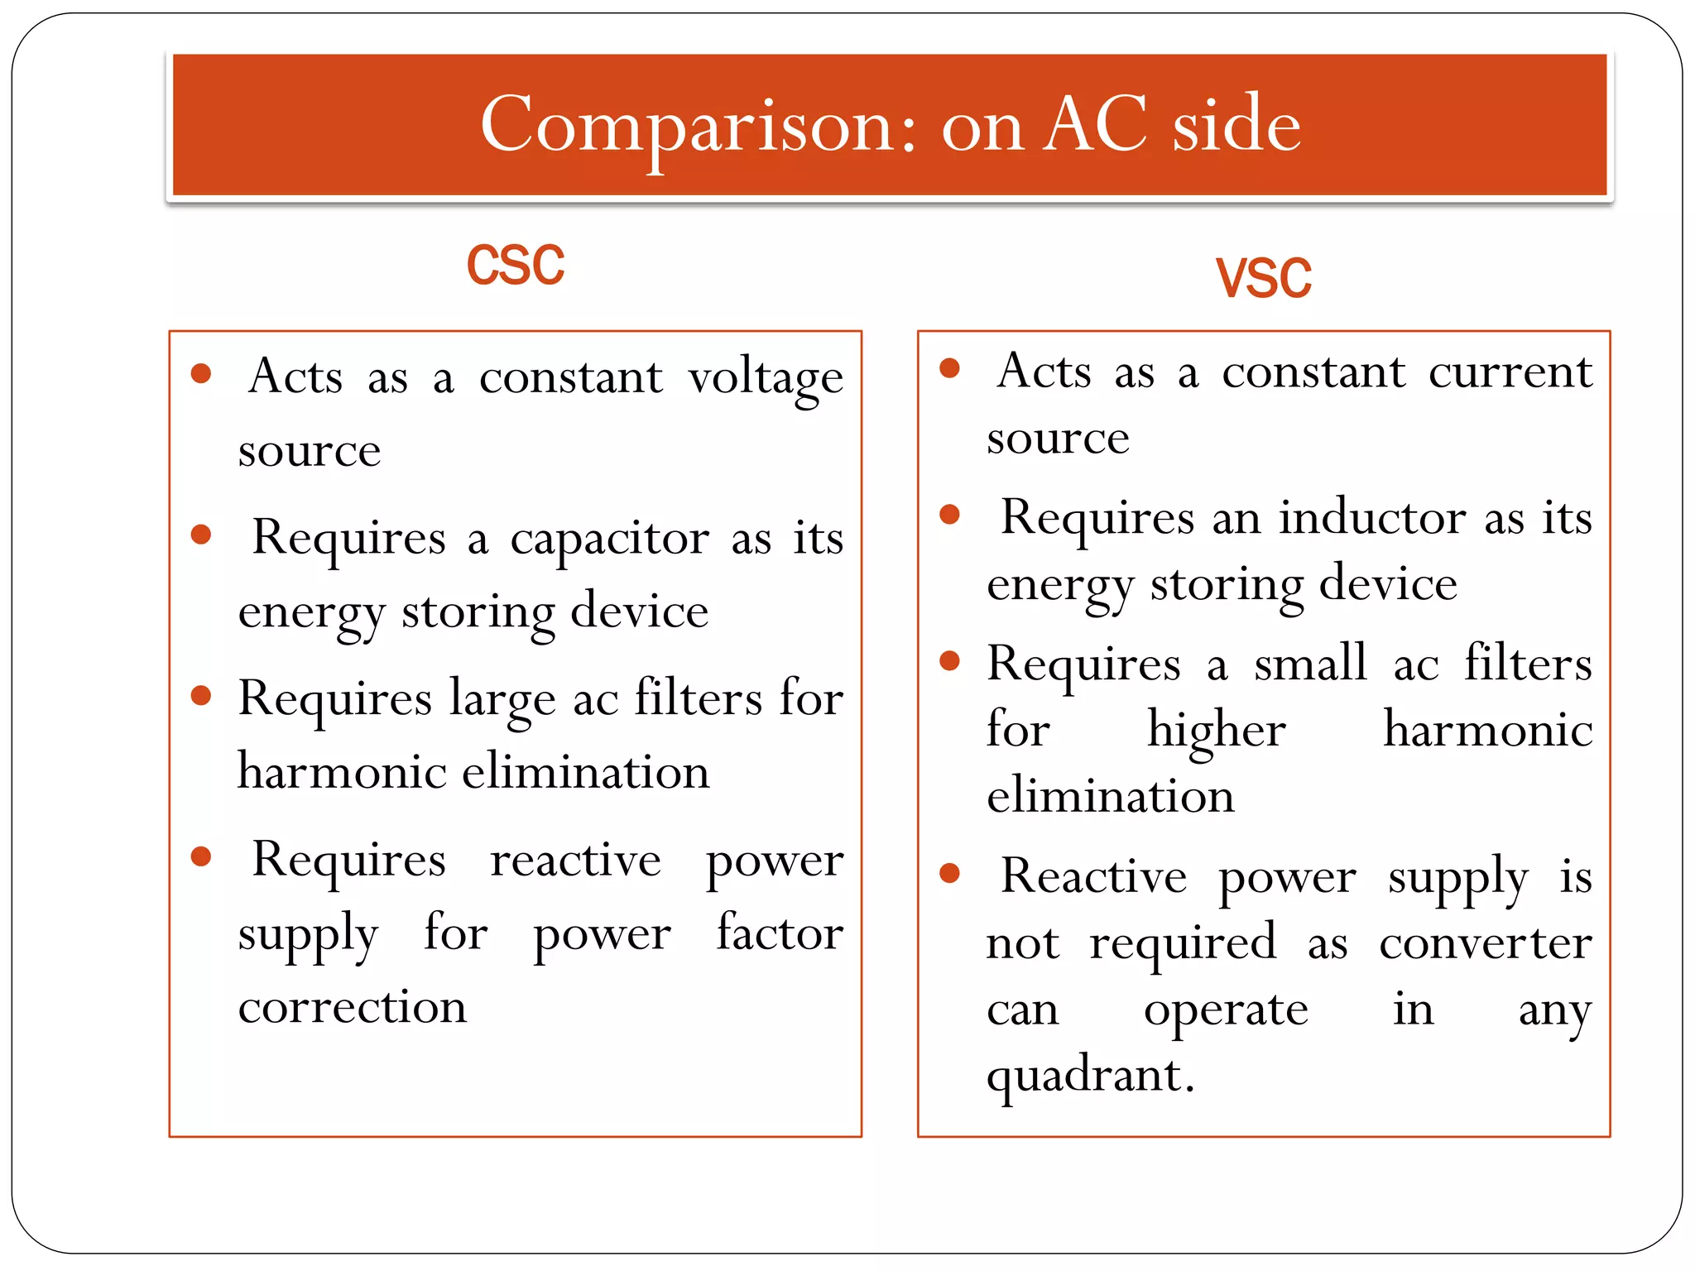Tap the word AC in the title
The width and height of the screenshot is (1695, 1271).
point(1095,125)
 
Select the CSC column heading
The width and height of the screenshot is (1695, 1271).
point(515,266)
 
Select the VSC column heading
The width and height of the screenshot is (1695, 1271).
point(1263,278)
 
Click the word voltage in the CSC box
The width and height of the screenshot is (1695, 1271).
point(766,379)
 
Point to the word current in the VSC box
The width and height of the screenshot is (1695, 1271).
point(1510,372)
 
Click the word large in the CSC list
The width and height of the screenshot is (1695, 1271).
point(502,700)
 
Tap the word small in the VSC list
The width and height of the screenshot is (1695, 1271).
point(1309,664)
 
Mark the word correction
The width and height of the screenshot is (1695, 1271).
point(353,1007)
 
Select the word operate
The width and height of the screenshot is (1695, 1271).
point(1226,1010)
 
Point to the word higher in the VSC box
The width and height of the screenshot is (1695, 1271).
point(1216,731)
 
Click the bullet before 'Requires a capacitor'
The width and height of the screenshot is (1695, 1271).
point(201,535)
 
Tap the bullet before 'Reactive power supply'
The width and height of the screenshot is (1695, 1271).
point(949,872)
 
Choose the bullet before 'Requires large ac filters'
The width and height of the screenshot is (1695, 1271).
point(201,695)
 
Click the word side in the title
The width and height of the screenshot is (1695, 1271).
point(1236,125)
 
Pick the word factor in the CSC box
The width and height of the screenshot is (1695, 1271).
point(780,933)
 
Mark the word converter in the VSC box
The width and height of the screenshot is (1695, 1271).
point(1485,942)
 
